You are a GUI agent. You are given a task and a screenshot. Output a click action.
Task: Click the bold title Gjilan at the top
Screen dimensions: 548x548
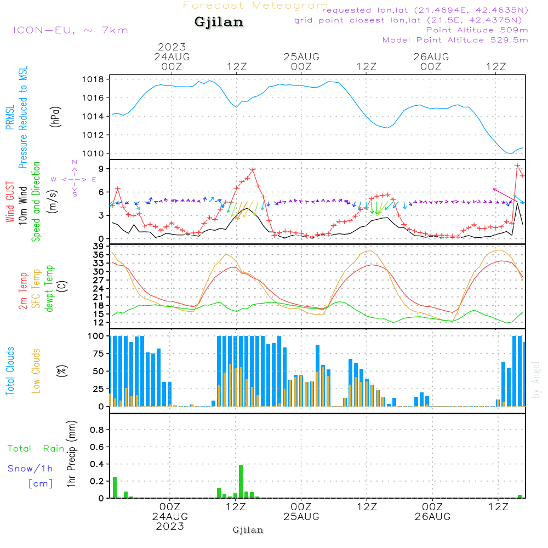pos(219,22)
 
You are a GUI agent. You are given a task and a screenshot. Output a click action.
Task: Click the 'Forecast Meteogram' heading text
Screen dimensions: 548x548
pos(255,5)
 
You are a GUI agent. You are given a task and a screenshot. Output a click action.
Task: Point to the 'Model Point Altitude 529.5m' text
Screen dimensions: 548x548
pos(455,40)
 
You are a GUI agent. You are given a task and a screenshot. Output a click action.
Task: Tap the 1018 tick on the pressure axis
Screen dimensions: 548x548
pos(96,79)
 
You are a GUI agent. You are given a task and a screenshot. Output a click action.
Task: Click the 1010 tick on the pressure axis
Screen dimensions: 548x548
pos(96,153)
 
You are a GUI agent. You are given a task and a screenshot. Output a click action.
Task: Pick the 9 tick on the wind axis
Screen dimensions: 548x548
pos(101,168)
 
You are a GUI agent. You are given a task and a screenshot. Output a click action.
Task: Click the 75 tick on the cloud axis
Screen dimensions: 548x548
pos(98,353)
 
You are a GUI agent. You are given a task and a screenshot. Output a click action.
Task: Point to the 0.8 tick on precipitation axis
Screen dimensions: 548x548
pos(98,430)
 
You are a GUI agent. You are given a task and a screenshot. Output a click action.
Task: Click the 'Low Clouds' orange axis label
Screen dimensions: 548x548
pos(37,370)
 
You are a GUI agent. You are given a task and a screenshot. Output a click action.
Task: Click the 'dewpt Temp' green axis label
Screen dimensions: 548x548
pos(49,289)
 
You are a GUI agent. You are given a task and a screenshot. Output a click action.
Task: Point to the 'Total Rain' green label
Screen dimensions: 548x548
pos(36,449)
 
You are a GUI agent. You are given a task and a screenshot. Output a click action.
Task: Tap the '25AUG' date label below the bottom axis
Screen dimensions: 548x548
pos(301,517)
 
